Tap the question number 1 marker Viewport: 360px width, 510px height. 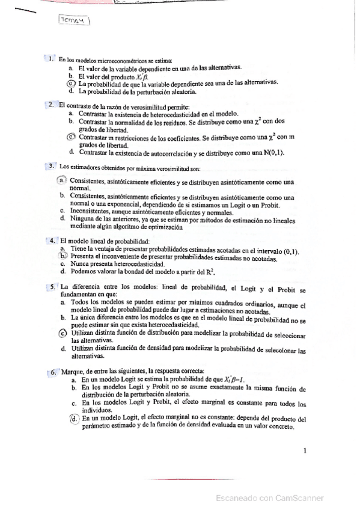[52, 59]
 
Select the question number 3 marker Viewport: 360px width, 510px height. [52, 165]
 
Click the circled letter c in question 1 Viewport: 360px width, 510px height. [70, 84]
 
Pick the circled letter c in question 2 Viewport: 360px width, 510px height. [72, 137]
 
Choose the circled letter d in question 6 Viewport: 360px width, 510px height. [74, 419]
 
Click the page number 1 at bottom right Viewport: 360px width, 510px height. [305, 450]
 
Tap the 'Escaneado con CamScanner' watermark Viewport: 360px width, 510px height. [270, 497]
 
